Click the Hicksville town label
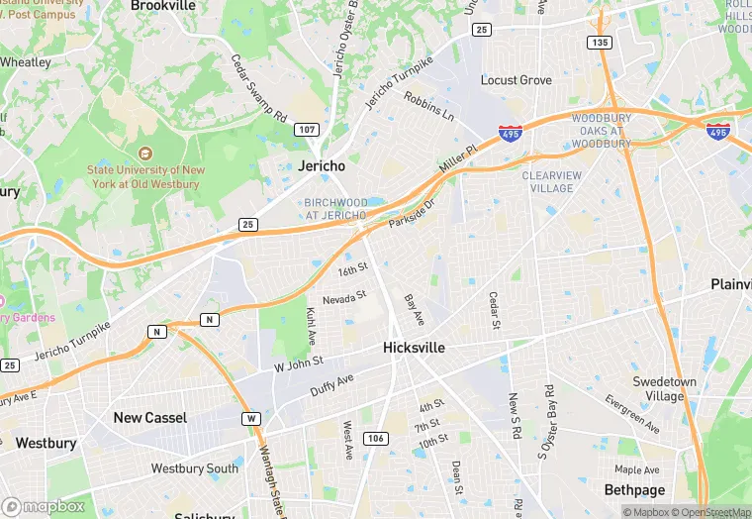click(x=414, y=348)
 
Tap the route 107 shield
click(x=306, y=130)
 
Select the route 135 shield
click(x=599, y=43)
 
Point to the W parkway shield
click(x=252, y=419)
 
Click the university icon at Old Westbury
click(x=145, y=154)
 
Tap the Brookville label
click(x=162, y=5)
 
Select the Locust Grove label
click(x=516, y=80)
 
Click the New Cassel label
click(x=149, y=417)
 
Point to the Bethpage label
click(x=635, y=489)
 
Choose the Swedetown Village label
click(x=664, y=389)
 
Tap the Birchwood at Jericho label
click(x=336, y=209)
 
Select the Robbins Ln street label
click(x=428, y=107)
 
